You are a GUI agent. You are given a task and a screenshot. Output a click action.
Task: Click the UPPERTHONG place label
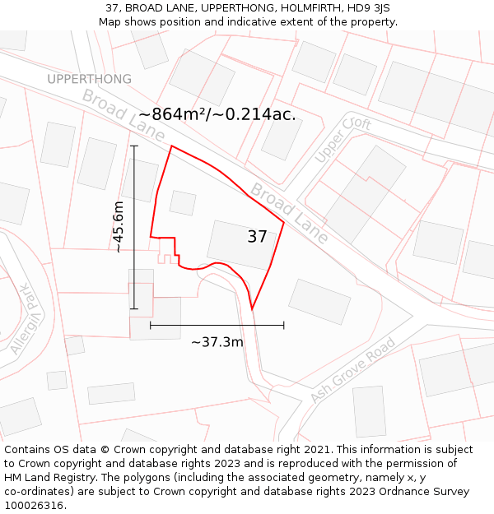(x=89, y=79)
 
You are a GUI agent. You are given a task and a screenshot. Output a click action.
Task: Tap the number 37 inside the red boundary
(x=257, y=237)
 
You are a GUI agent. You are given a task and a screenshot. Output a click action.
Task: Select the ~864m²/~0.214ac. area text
(x=217, y=114)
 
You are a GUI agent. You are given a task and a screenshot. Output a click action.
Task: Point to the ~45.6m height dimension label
(x=119, y=227)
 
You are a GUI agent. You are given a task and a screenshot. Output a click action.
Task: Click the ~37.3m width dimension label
(x=217, y=342)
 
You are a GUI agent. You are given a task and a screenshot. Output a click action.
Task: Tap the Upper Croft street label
(x=343, y=141)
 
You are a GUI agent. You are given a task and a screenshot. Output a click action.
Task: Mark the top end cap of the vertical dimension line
(x=134, y=146)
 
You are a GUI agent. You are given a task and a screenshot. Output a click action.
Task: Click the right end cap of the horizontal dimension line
(x=284, y=326)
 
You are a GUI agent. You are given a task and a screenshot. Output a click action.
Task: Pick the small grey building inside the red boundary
(x=183, y=202)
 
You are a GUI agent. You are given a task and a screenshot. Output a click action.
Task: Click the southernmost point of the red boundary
(x=252, y=309)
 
